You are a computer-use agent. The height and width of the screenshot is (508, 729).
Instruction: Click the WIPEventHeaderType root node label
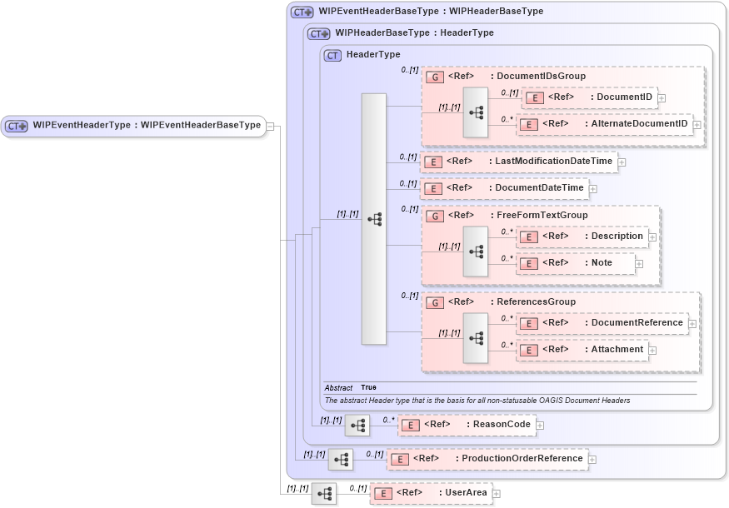click(x=133, y=126)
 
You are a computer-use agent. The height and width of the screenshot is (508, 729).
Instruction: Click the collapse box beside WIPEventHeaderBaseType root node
click(x=271, y=126)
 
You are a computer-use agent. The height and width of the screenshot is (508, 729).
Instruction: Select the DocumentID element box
click(x=589, y=97)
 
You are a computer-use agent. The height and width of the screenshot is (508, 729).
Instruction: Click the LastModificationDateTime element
click(x=518, y=162)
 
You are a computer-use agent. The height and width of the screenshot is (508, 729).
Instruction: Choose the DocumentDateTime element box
click(x=504, y=188)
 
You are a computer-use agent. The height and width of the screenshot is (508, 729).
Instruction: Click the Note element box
click(x=575, y=263)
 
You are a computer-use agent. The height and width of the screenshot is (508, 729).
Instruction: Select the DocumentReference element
click(x=602, y=323)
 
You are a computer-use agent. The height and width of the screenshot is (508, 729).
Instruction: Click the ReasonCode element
click(x=466, y=425)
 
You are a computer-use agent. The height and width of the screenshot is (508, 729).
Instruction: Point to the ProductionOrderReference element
click(x=487, y=459)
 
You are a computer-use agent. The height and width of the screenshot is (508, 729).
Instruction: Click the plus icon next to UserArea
click(x=497, y=494)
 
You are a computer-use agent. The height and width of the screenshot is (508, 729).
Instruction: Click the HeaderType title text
click(x=372, y=55)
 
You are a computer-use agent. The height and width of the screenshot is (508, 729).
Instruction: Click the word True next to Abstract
click(x=368, y=388)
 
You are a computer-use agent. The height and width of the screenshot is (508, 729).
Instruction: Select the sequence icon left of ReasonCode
click(x=357, y=426)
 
